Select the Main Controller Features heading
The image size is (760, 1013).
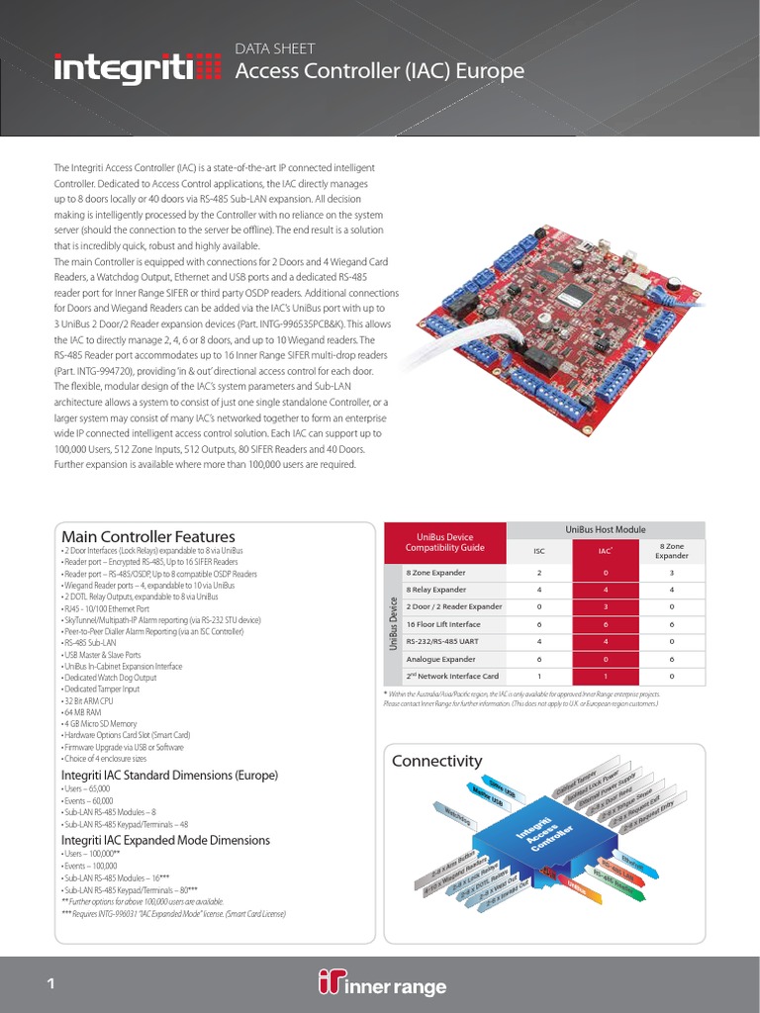tap(148, 536)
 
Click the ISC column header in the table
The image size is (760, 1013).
tap(539, 551)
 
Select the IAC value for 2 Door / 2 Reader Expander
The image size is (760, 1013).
tap(606, 606)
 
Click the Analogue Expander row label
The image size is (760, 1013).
tap(440, 658)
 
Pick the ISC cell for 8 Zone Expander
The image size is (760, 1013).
tap(539, 573)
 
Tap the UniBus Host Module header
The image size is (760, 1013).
tap(605, 530)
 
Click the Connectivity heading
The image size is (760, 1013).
tap(436, 761)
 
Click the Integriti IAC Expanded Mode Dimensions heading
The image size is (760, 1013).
tap(165, 840)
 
